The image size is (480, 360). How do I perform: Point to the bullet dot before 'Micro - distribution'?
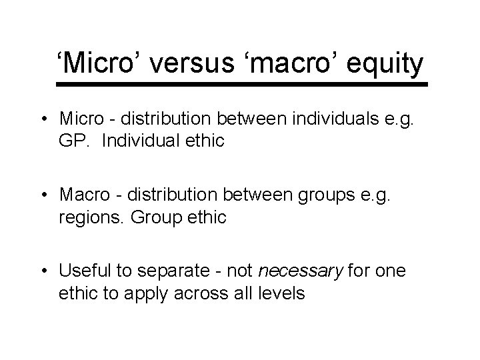(x=49, y=121)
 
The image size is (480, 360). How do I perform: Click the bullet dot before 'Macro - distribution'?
(x=49, y=195)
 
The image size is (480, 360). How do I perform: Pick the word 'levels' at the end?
(x=282, y=293)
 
